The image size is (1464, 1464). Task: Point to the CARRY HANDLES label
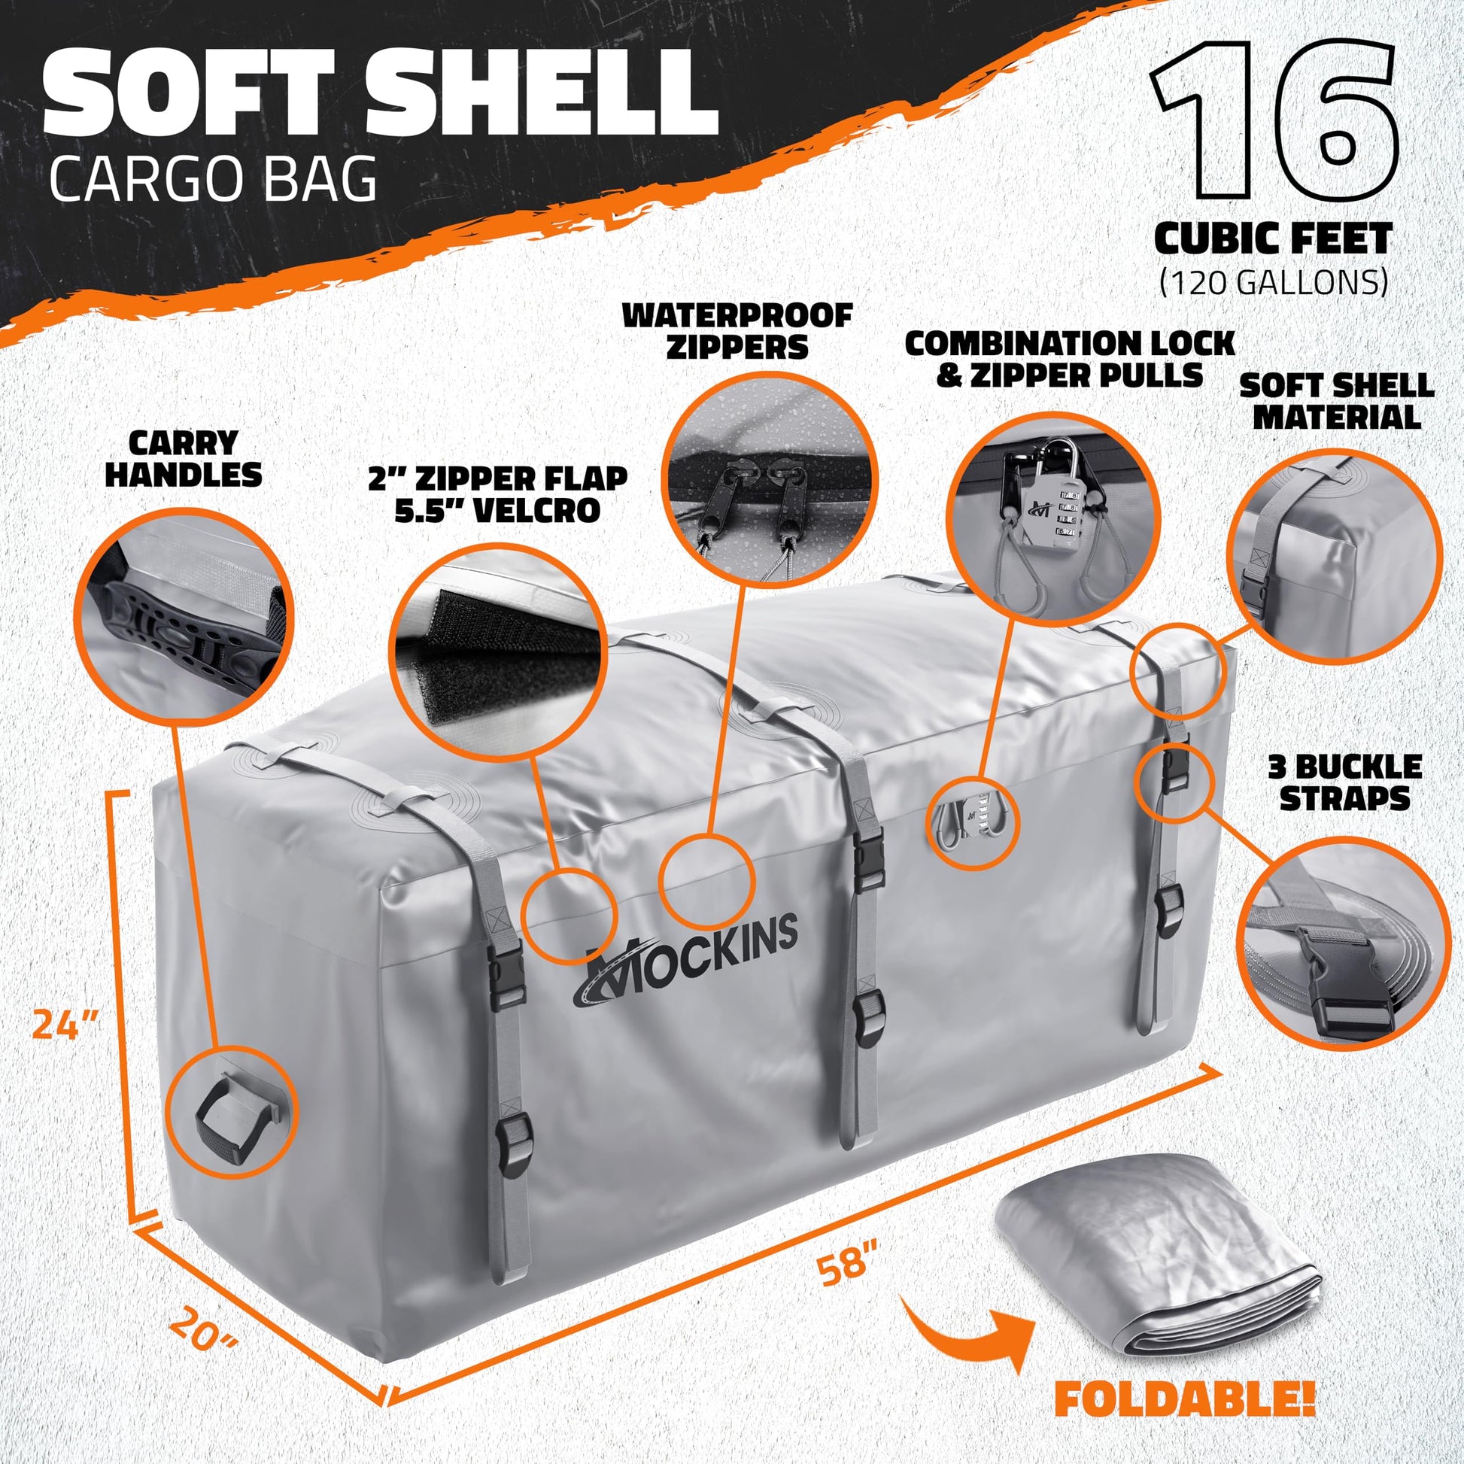tap(183, 458)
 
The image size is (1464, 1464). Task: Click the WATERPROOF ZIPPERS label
tap(738, 330)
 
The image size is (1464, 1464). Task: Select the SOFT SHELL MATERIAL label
tap(1336, 401)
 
